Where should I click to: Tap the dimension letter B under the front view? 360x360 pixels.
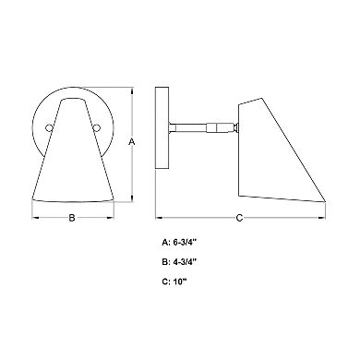coord(72,218)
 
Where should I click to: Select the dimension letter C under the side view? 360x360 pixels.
coord(240,218)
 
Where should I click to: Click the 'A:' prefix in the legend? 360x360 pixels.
coord(166,245)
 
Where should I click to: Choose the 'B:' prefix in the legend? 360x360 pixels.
coord(166,263)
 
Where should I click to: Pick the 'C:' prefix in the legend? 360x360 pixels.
coord(166,282)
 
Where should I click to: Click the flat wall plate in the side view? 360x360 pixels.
coord(161,129)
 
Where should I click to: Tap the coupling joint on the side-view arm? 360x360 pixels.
coord(213,128)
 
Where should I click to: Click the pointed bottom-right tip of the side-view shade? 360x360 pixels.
coord(324,198)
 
